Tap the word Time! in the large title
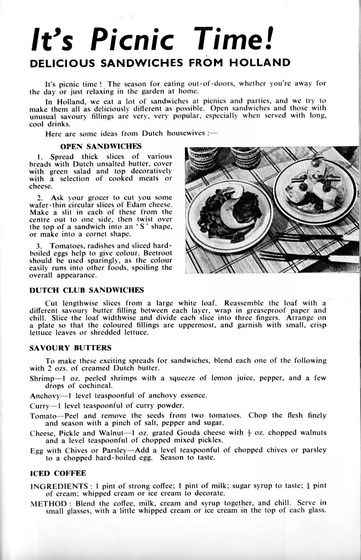click(236, 40)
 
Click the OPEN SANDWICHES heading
click(100, 146)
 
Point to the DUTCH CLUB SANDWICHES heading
click(86, 290)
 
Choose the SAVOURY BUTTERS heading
click(70, 348)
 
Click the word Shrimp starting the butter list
click(42, 378)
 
